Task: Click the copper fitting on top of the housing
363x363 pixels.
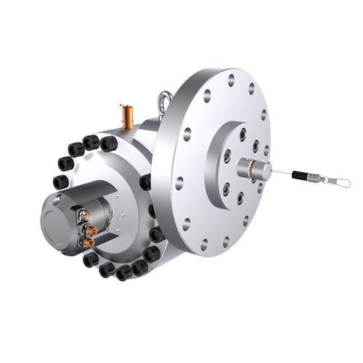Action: (x=128, y=116)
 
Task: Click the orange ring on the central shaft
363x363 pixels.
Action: (x=249, y=171)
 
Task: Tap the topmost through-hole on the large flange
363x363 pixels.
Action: (x=232, y=80)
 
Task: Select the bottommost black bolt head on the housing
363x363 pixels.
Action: (x=124, y=272)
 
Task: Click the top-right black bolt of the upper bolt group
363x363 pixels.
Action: (x=109, y=144)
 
